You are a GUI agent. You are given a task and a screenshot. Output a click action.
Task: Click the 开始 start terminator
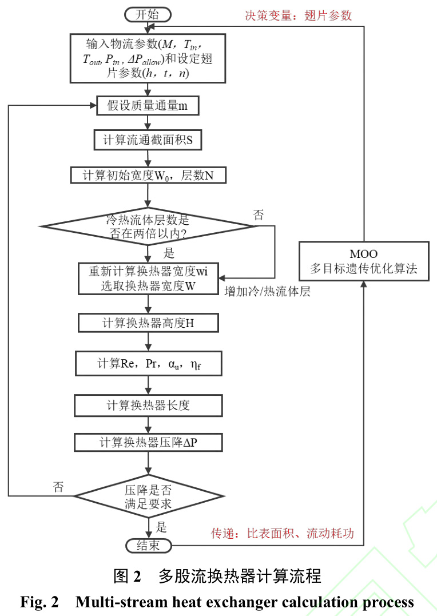pyautogui.click(x=148, y=14)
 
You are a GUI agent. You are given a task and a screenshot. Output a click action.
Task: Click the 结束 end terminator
pyautogui.click(x=148, y=545)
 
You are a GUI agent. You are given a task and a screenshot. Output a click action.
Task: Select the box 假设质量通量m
pyautogui.click(x=148, y=105)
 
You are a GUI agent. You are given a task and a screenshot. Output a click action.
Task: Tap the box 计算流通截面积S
pyautogui.click(x=148, y=140)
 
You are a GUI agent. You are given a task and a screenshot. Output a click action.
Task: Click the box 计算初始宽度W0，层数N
pyautogui.click(x=148, y=174)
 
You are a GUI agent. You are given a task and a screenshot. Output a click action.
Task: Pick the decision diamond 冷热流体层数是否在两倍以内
pyautogui.click(x=148, y=226)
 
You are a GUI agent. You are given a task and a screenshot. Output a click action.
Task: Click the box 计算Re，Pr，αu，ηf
pyautogui.click(x=148, y=363)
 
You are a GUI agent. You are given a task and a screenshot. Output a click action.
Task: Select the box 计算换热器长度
pyautogui.click(x=148, y=405)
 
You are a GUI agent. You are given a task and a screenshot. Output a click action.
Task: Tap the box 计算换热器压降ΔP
pyautogui.click(x=148, y=442)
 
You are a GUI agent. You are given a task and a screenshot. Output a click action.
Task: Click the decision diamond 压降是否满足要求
pyautogui.click(x=148, y=495)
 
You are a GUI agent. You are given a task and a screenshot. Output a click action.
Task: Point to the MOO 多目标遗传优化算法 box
pyautogui.click(x=364, y=261)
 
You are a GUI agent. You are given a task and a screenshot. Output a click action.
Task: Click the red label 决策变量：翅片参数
pyautogui.click(x=298, y=15)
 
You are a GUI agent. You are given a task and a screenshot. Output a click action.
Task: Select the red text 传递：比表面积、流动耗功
pyautogui.click(x=283, y=534)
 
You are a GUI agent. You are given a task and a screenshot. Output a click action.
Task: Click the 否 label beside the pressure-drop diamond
pyautogui.click(x=59, y=487)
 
